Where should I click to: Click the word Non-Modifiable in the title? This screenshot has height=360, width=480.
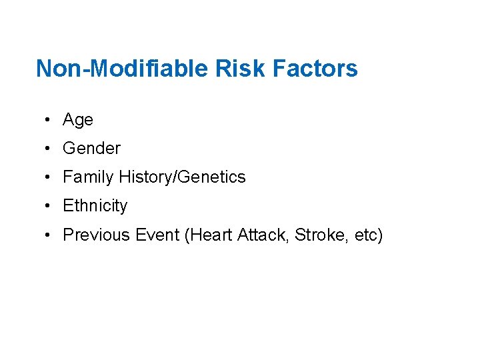(121, 69)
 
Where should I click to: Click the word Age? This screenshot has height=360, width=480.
(78, 121)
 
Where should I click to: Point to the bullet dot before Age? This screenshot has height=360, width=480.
(48, 120)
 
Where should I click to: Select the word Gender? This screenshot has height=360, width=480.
(91, 149)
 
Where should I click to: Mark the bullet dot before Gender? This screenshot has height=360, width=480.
(48, 149)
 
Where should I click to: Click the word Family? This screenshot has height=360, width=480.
(88, 177)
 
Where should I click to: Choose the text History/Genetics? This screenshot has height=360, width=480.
(182, 177)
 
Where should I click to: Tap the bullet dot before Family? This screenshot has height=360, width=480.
(48, 177)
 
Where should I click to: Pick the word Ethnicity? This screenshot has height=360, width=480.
(95, 206)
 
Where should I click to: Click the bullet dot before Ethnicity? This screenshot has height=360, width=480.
(48, 206)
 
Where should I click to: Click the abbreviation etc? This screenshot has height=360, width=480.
(364, 235)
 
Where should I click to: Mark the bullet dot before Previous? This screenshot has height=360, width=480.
(48, 235)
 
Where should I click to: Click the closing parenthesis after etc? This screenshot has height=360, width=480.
(380, 235)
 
